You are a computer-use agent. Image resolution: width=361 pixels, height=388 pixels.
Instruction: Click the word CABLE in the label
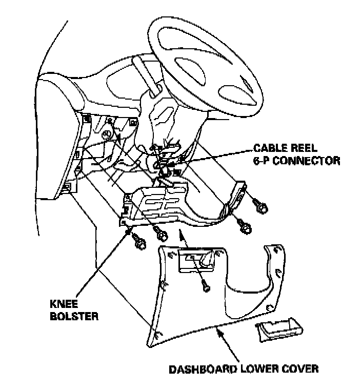268,148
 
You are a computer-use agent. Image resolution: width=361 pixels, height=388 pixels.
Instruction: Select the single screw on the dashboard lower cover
205,286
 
